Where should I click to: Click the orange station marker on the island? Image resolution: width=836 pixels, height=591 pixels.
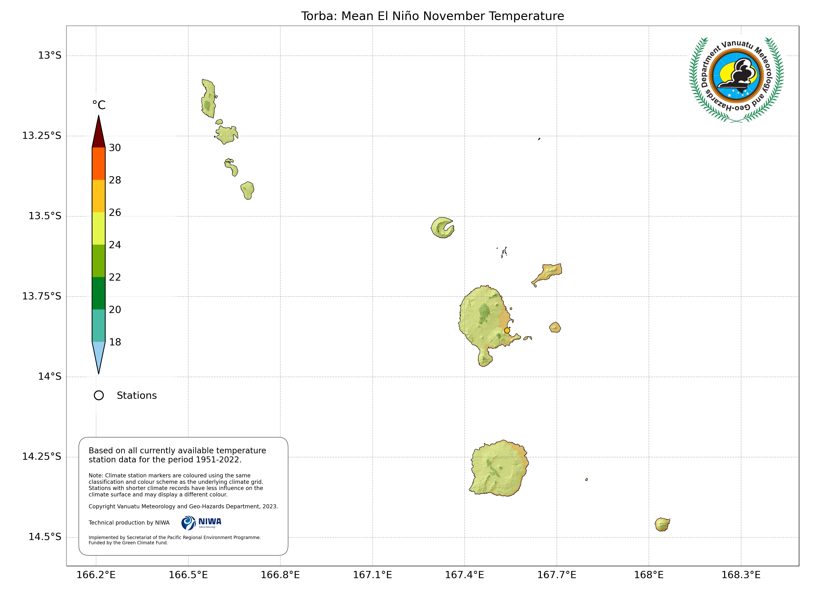[507, 330]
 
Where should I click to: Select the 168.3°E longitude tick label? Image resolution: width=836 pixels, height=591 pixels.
[741, 575]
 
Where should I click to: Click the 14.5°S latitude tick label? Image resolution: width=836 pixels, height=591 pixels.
[45, 537]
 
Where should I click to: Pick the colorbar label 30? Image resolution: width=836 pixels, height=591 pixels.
[115, 148]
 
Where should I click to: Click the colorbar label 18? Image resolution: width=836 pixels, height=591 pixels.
[115, 342]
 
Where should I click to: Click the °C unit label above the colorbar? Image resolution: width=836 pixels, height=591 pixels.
[99, 105]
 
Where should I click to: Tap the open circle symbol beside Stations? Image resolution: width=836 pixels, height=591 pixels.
[99, 396]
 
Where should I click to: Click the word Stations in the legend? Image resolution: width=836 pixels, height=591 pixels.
[137, 396]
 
